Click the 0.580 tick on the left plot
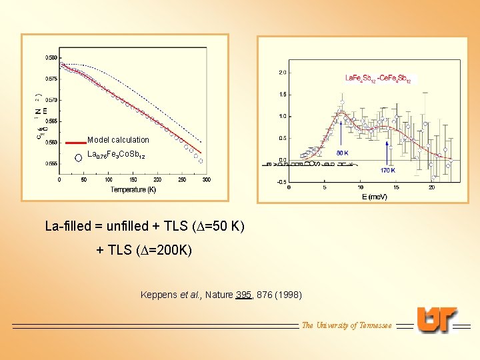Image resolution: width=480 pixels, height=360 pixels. pyautogui.click(x=51, y=57)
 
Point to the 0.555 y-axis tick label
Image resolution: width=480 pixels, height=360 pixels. pyautogui.click(x=51, y=163)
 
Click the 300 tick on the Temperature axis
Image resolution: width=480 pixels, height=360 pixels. pyautogui.click(x=206, y=179)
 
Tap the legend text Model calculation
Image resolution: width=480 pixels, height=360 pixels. pyautogui.click(x=118, y=140)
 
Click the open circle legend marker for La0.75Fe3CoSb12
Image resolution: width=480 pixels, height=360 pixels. pyautogui.click(x=78, y=157)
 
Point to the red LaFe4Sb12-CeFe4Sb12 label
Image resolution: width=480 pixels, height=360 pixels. pyautogui.click(x=377, y=79)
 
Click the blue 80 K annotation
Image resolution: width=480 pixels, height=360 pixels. pyautogui.click(x=342, y=153)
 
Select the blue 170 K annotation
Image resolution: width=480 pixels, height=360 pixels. pyautogui.click(x=389, y=170)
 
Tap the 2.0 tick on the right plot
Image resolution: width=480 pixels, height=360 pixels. pyautogui.click(x=282, y=72)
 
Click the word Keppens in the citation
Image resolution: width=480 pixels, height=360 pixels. pyautogui.click(x=159, y=295)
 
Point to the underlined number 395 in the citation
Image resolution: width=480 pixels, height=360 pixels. pyautogui.click(x=244, y=295)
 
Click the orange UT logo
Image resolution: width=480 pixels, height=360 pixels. pyautogui.click(x=437, y=320)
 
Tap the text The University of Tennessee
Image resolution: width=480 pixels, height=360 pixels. pyautogui.click(x=347, y=325)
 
